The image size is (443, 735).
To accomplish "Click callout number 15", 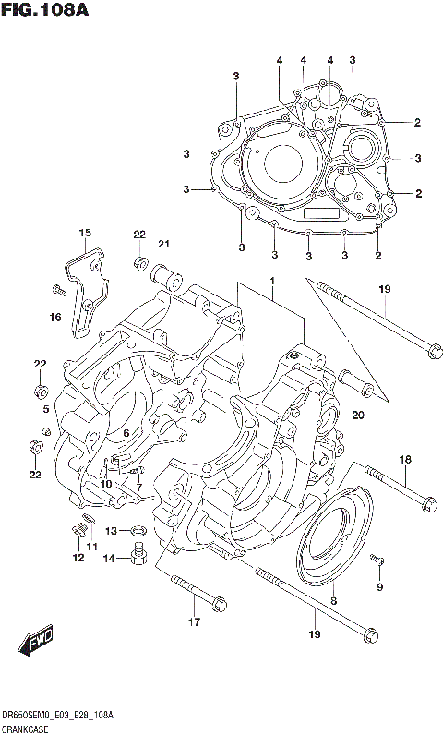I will click(x=85, y=233).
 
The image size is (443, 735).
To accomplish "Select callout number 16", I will click(x=56, y=318).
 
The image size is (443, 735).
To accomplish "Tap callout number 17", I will click(x=194, y=621).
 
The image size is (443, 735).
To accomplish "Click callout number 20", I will click(x=358, y=415).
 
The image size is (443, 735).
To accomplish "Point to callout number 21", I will click(x=164, y=244).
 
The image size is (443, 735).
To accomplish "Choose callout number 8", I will click(x=333, y=601).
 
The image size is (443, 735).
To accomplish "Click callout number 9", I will click(x=379, y=586).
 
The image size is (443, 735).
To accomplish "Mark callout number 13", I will click(x=111, y=532).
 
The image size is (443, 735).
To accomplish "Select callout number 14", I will click(x=109, y=559).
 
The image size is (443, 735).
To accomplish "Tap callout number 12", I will click(x=78, y=557).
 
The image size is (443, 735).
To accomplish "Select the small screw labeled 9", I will click(x=378, y=560).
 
